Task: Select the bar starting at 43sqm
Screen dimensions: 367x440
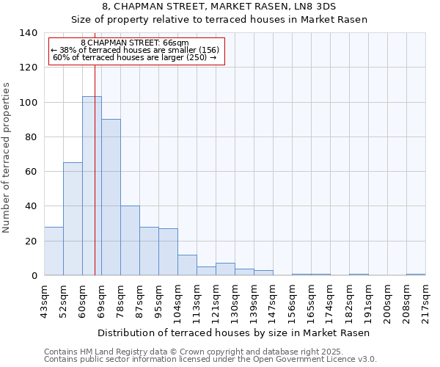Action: [x=54, y=251]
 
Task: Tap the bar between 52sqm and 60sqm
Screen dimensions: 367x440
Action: [x=73, y=219]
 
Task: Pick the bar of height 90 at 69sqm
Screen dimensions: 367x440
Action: [x=111, y=197]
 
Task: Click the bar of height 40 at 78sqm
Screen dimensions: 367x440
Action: [x=130, y=240]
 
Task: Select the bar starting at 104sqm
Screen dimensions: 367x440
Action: [x=187, y=265]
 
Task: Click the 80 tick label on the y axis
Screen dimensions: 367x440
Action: [x=29, y=137]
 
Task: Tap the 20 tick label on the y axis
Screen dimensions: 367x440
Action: [x=29, y=241]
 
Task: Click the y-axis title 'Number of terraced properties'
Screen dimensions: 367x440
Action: [x=7, y=157]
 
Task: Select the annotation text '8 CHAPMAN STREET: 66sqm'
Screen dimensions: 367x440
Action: [x=135, y=43]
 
